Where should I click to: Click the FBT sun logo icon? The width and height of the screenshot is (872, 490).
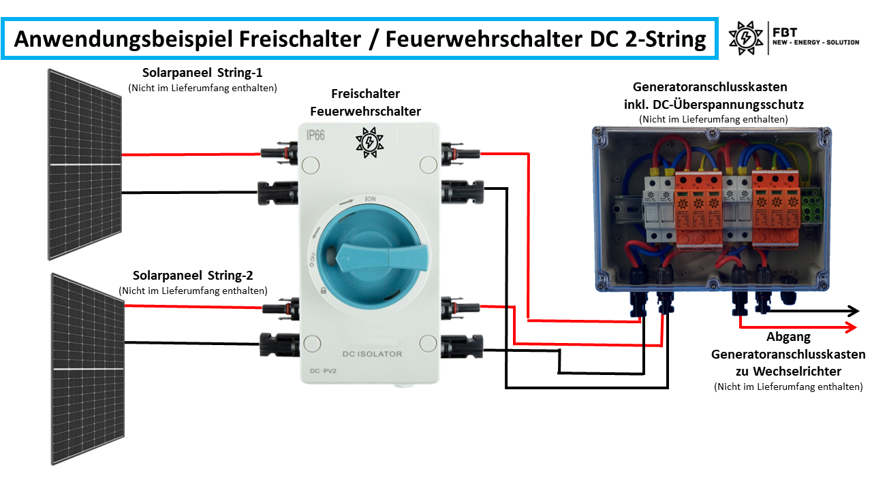point(745,37)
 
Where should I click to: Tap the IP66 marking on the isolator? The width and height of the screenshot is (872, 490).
point(315,135)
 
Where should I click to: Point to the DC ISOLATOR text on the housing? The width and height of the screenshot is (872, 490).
point(371,354)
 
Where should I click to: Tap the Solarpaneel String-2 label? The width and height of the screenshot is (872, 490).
point(193,276)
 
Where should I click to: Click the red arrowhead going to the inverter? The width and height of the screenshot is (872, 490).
point(852,328)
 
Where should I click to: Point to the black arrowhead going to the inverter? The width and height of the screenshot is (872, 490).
point(852,311)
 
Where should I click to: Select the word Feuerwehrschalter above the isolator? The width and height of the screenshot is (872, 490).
point(365,111)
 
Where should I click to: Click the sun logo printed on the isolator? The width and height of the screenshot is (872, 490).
point(369,142)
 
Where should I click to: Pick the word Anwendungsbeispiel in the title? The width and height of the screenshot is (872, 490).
point(124,39)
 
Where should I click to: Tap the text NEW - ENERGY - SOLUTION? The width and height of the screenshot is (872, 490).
point(815,43)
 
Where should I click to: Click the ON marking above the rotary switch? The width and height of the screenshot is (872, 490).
point(371,199)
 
